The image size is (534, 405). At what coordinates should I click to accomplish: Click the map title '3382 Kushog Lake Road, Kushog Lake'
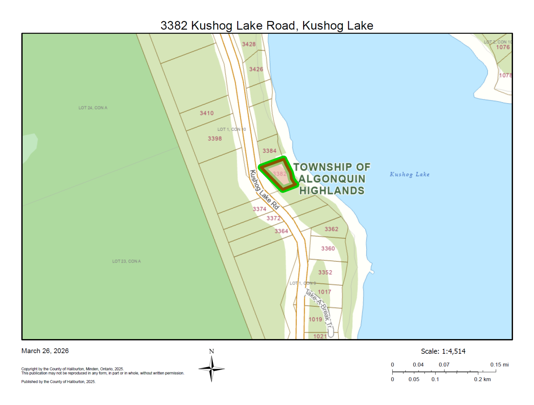click(267, 26)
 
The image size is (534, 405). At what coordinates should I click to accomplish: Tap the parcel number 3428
click(249, 44)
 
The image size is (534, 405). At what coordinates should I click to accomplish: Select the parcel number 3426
click(256, 69)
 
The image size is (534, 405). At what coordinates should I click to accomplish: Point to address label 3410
click(206, 113)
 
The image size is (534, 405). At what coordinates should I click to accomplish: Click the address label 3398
click(214, 139)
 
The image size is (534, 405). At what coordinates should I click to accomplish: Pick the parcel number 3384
click(269, 151)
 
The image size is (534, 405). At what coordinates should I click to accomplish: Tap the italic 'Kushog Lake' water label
click(409, 174)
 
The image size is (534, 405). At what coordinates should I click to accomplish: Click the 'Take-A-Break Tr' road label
click(319, 309)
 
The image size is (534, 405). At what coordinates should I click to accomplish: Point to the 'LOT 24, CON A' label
click(93, 108)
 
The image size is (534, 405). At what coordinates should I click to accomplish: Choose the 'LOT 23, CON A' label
click(126, 261)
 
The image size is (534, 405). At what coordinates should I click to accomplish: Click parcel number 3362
click(331, 229)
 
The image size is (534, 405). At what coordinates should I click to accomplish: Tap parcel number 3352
click(325, 272)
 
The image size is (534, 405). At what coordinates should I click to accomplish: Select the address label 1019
click(315, 319)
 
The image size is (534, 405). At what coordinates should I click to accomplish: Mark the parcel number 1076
click(503, 47)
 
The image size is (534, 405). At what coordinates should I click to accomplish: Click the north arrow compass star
click(212, 369)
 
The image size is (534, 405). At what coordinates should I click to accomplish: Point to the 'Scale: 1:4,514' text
click(443, 351)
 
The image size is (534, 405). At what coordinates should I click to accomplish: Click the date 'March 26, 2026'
click(45, 351)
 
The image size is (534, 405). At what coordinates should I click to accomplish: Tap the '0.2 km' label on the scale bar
click(482, 379)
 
